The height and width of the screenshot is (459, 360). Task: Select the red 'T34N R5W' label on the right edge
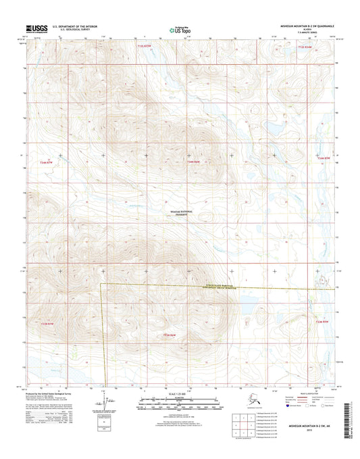[324, 160]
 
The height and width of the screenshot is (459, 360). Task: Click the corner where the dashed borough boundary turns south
[101, 285]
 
